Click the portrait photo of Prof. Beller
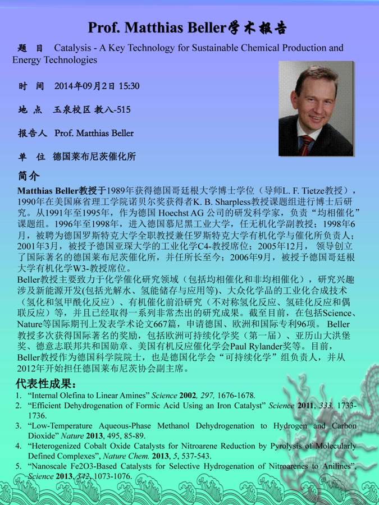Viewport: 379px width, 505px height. click(316, 108)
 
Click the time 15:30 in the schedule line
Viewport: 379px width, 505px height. click(129, 86)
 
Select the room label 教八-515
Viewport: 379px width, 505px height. click(112, 109)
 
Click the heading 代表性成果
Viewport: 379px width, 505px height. click(45, 384)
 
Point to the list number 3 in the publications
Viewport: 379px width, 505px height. click(18, 426)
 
